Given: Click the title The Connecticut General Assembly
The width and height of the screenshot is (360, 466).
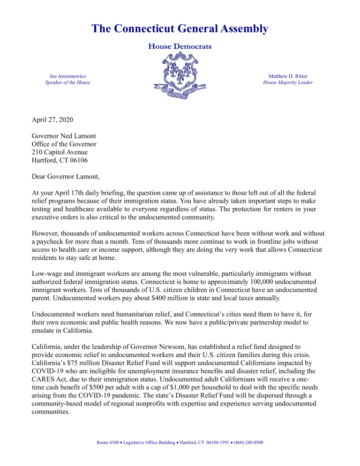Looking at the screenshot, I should coord(180,29).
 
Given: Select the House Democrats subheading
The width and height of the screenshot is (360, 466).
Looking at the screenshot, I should coord(180,46).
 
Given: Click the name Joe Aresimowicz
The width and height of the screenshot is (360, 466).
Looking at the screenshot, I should coord(67,75).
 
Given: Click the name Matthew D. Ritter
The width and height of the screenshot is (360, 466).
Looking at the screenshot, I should coord(288,75).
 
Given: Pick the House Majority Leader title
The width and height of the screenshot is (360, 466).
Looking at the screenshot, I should coord(288,83).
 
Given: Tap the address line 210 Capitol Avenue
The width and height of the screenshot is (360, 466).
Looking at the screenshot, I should coord(60,152).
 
